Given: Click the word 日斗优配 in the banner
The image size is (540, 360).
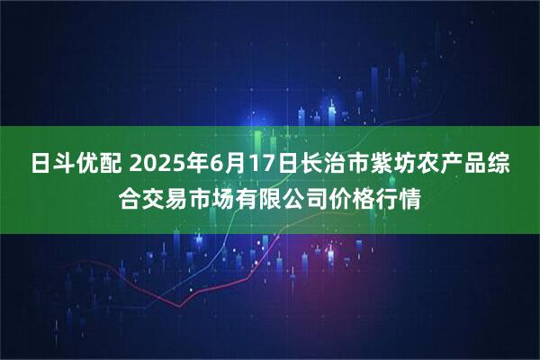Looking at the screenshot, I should click(x=79, y=166).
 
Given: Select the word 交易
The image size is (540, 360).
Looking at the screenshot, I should click(x=171, y=196).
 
